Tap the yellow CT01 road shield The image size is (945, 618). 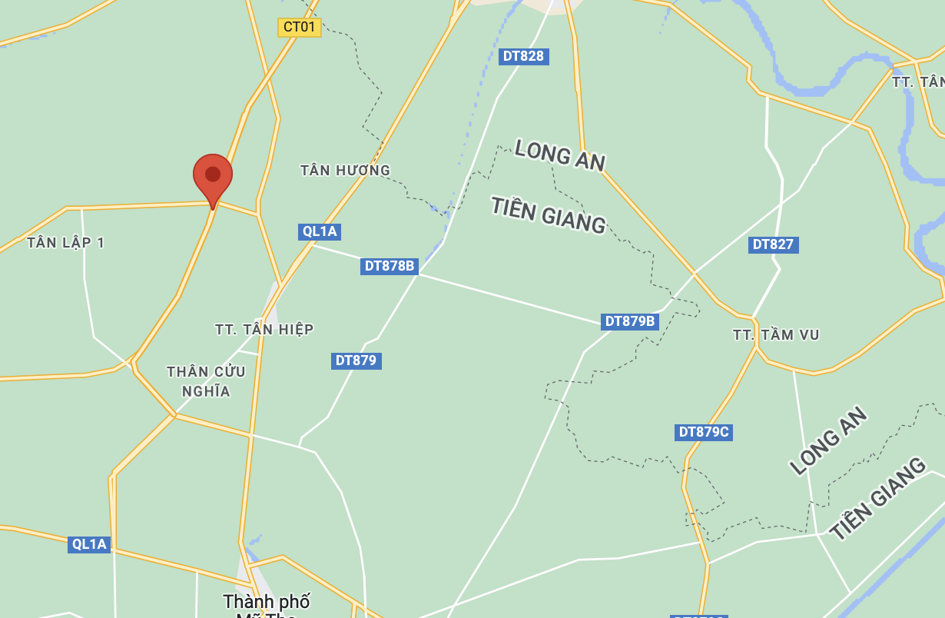(299, 28)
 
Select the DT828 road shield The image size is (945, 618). (523, 56)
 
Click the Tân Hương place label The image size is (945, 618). (345, 171)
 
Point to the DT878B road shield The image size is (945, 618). (390, 266)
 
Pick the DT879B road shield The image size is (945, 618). (630, 321)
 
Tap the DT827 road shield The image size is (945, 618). (774, 244)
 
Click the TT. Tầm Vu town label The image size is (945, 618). (776, 335)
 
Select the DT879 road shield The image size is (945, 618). (356, 360)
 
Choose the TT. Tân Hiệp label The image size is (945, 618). (264, 330)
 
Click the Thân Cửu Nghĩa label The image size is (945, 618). (206, 381)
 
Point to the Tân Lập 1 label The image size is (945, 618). (66, 243)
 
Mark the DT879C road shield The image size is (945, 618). (704, 432)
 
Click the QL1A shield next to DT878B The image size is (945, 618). (320, 231)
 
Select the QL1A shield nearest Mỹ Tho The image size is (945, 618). (90, 544)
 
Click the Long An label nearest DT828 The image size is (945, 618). (559, 155)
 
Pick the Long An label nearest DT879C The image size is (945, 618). (828, 440)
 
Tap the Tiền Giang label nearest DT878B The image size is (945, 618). (549, 214)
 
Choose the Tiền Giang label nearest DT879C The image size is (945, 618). (877, 498)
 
